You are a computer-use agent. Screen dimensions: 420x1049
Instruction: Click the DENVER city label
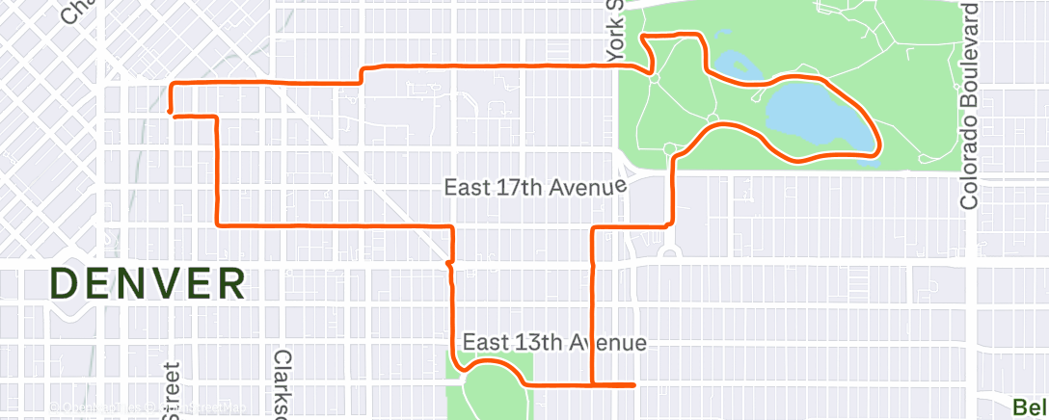(148, 284)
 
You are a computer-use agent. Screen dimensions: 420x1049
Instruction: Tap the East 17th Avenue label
(535, 186)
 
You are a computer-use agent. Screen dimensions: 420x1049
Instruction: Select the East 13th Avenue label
(554, 342)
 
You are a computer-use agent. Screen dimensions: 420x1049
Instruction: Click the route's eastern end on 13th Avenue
(633, 385)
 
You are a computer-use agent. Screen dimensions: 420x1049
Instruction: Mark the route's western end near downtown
(170, 113)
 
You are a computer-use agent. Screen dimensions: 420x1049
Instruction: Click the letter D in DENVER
(64, 284)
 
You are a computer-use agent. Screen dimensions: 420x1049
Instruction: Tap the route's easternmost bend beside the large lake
(877, 144)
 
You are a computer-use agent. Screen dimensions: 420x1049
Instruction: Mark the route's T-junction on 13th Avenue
(591, 385)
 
